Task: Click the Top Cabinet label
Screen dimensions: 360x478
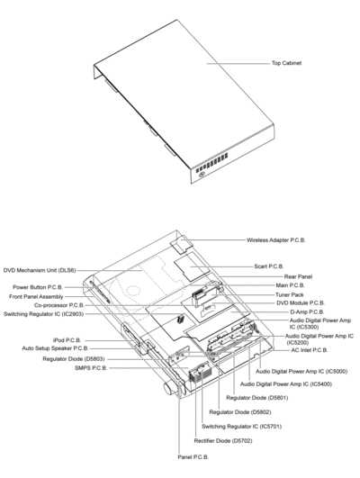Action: coord(286,63)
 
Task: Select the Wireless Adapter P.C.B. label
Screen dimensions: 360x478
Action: coord(276,240)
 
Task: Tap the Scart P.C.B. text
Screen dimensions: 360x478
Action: coord(269,266)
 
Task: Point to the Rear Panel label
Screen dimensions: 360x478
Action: coord(298,276)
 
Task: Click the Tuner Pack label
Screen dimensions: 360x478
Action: coord(290,294)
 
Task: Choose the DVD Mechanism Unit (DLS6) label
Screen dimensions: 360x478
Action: coord(40,270)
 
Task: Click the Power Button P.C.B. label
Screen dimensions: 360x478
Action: coord(38,287)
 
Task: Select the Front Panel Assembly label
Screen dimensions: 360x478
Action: coord(36,297)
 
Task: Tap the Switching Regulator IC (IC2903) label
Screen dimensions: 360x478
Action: coord(43,314)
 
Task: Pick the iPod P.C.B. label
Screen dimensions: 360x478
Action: coord(67,340)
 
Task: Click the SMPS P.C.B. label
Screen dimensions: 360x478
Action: coord(91,368)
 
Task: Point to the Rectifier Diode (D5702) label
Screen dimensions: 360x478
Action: coord(223,441)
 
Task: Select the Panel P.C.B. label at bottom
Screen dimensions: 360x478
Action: coord(193,457)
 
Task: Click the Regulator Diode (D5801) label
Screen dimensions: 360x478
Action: coord(257,398)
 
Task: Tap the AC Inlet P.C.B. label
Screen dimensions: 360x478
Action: coord(310,350)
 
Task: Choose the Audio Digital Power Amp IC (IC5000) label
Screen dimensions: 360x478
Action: coord(301,372)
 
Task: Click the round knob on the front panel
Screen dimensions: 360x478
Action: coord(169,389)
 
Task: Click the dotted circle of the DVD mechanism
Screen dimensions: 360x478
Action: coord(133,291)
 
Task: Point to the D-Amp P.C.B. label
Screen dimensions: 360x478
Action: coord(307,312)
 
